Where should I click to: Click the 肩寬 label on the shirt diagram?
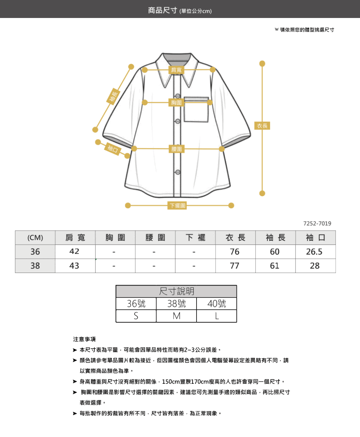coord(176,70)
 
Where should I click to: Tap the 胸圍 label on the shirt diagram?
coord(176,103)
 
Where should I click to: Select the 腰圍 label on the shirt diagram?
coord(177,149)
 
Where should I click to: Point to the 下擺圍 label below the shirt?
coord(177,205)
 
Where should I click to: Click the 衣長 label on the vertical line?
coord(262,126)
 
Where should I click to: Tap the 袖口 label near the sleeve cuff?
coord(113,149)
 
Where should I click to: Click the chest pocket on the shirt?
coord(196,109)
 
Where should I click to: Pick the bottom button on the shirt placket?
coord(178,172)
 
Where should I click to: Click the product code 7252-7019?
coord(317,223)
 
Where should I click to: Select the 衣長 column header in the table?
coord(235,237)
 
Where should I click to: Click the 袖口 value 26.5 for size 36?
coord(314,251)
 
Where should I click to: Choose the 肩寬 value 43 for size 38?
coord(74,266)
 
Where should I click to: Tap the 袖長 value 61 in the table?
coord(275,266)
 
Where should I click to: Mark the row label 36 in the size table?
coord(35,251)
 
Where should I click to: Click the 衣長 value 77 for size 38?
coord(234,266)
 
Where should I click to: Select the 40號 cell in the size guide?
coord(216,304)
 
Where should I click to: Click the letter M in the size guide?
coord(176,316)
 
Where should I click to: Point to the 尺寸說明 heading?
coord(176,291)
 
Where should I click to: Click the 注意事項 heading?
coord(84,339)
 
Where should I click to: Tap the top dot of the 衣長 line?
coord(262,64)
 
